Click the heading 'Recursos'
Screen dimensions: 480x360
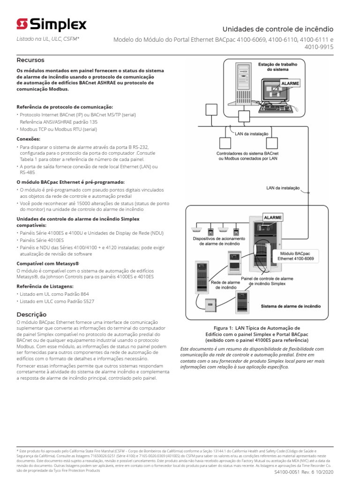[x=30, y=60]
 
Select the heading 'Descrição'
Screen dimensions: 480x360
[x=31, y=314]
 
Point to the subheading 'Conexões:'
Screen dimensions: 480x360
[x=29, y=139]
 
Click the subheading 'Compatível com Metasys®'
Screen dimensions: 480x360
[x=48, y=263]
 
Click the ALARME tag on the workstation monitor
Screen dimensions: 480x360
[x=290, y=83]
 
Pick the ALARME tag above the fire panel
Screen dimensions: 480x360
[x=272, y=217]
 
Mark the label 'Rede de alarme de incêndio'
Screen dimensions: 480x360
[x=225, y=285]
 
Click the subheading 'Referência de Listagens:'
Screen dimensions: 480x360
[x=45, y=285]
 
